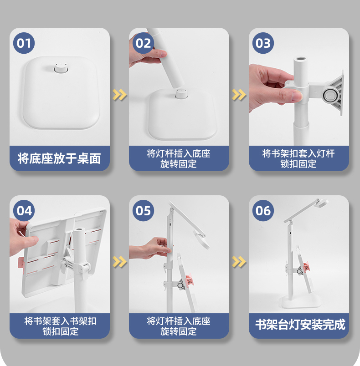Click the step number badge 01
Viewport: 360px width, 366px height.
[24, 43]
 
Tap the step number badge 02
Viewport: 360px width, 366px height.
[143, 43]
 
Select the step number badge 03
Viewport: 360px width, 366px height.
[263, 43]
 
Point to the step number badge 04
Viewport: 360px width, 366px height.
[24, 211]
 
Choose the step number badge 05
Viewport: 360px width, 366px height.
[143, 211]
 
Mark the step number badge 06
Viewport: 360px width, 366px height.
[263, 211]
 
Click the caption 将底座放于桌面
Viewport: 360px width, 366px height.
[59, 158]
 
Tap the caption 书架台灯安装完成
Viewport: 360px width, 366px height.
[300, 325]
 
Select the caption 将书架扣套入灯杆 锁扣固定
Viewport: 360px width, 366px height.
[298, 159]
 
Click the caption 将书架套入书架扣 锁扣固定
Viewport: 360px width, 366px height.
[60, 326]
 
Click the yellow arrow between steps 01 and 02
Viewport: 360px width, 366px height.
[119, 95]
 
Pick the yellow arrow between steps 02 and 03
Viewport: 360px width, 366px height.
[239, 95]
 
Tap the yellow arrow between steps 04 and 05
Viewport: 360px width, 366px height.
[119, 262]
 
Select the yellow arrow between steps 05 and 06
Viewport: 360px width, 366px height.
[239, 262]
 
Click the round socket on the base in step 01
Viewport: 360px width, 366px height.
[61, 67]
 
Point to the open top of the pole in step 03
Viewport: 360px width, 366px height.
[301, 59]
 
